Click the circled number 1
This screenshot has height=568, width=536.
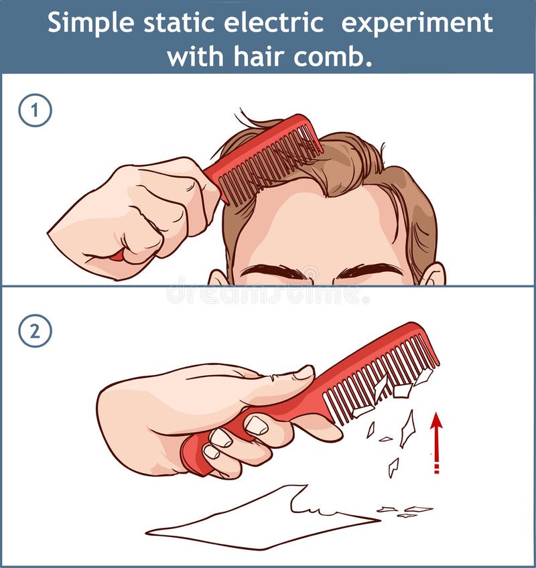click(35, 111)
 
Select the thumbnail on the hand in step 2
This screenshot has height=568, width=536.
click(303, 372)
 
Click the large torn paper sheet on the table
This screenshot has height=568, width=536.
click(261, 519)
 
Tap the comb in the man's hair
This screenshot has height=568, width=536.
click(265, 157)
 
